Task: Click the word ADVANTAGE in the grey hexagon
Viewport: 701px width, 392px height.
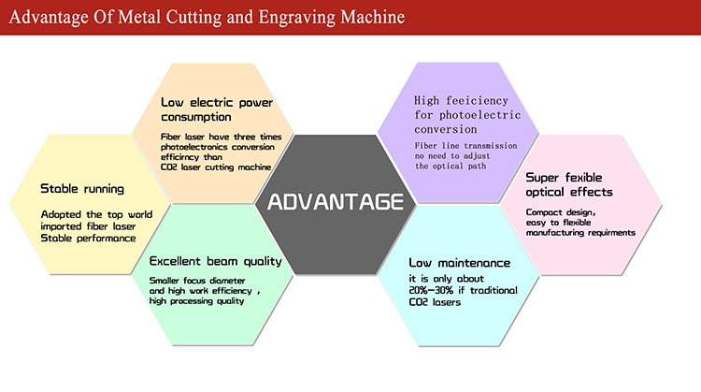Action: pos(336,202)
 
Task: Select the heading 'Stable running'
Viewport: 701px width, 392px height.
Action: pos(82,189)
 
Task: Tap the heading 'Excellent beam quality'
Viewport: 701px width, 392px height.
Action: pos(216,261)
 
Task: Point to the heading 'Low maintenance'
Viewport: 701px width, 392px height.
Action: pos(460,263)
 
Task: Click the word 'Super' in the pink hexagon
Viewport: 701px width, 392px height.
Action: pos(542,178)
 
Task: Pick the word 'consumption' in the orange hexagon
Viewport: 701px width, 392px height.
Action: pos(196,117)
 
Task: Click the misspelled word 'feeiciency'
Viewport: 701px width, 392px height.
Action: pos(477,101)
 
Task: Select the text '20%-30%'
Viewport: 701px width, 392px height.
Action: pos(431,290)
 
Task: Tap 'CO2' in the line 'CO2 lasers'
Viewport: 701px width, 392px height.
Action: pos(419,302)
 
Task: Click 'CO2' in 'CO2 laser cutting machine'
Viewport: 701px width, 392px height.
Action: pos(169,167)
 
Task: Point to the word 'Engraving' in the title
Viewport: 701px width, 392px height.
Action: pos(297,18)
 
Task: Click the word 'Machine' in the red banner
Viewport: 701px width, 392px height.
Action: pos(373,17)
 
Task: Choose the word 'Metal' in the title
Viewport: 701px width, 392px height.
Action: pos(139,17)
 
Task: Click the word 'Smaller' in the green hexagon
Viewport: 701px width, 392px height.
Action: pos(165,281)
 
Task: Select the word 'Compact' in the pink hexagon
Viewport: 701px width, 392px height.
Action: pos(544,212)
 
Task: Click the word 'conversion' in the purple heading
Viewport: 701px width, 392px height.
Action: pos(446,129)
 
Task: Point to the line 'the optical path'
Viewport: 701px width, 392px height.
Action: pos(451,166)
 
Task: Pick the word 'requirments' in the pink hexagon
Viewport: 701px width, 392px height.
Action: pos(611,233)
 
